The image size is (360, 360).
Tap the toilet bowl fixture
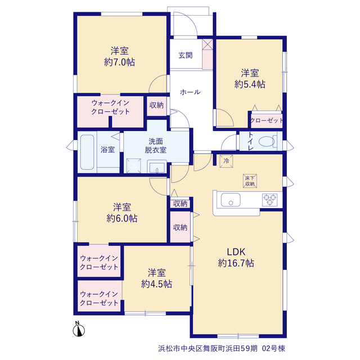pyautogui.click(x=267, y=141)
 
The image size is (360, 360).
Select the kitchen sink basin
pyautogui.click(x=231, y=200)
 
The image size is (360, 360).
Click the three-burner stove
pyautogui.click(x=270, y=200)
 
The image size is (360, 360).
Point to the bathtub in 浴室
pyautogui.click(x=87, y=152)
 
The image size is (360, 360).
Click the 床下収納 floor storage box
pyautogui.click(x=250, y=181)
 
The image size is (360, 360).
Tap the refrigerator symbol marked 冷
pyautogui.click(x=226, y=161)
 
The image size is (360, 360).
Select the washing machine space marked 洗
pyautogui.click(x=134, y=165)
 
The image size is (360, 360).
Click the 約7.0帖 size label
pyautogui.click(x=119, y=62)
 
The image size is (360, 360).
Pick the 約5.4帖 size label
pyautogui.click(x=250, y=84)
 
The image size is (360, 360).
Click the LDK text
pyautogui.click(x=236, y=252)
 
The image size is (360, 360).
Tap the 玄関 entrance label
pyautogui.click(x=186, y=55)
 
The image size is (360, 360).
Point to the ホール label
pyautogui.click(x=190, y=92)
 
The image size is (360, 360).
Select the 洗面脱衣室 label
pyautogui.click(x=155, y=146)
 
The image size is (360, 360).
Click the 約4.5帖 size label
pyautogui.click(x=156, y=284)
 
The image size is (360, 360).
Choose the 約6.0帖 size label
pyautogui.click(x=122, y=218)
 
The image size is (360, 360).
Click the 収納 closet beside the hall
pyautogui.click(x=156, y=105)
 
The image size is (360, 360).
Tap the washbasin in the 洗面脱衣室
pyautogui.click(x=157, y=167)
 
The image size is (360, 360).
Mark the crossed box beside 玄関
pyautogui.click(x=208, y=44)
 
